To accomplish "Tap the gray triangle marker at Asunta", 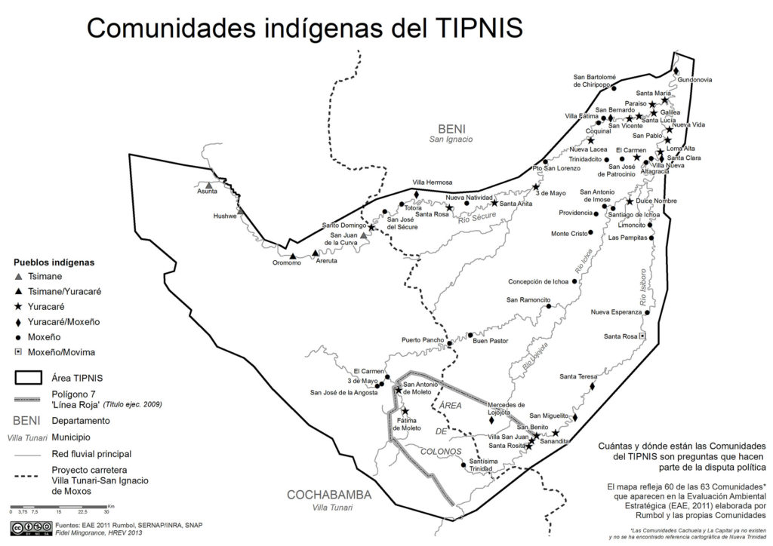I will [x=209, y=184].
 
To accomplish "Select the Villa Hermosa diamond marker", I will [x=416, y=195].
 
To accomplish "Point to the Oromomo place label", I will [x=287, y=263].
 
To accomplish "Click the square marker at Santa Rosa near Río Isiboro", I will [x=642, y=336].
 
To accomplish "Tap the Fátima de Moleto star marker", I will [x=405, y=412].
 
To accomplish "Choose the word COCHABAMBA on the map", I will [x=329, y=495].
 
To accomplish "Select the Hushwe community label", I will [x=225, y=216].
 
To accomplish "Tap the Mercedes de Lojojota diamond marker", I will [x=491, y=421].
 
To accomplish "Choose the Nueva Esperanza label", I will [x=616, y=312].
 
